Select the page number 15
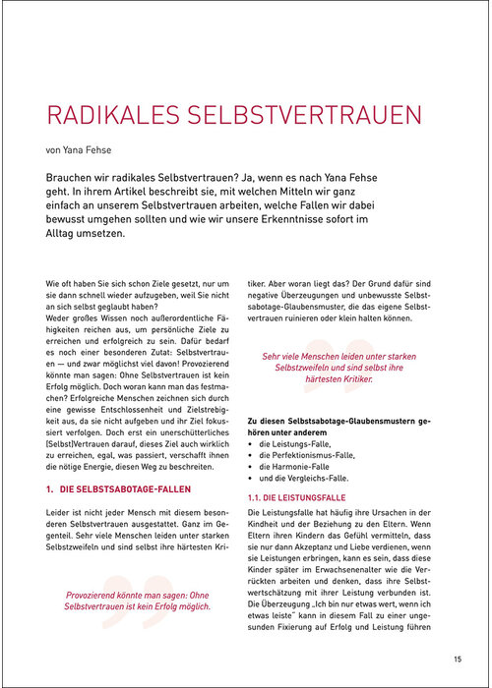click(x=459, y=659)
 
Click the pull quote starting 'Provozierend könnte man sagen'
click(x=138, y=601)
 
